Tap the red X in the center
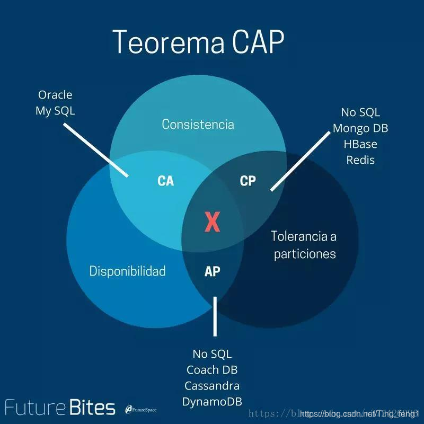click(x=212, y=222)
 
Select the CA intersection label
click(x=166, y=181)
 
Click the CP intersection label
click(x=248, y=181)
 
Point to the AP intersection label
click(x=212, y=271)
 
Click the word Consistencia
click(x=198, y=125)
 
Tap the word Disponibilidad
click(x=127, y=271)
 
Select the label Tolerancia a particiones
click(x=304, y=244)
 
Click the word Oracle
click(x=55, y=95)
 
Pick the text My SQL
click(x=55, y=111)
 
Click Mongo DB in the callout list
click(x=360, y=128)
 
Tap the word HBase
click(x=360, y=144)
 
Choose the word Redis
click(x=360, y=160)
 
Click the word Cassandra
click(x=212, y=386)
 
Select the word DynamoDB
click(x=212, y=402)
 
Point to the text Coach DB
click(x=212, y=370)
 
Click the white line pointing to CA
click(x=96, y=151)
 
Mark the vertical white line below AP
click(x=215, y=316)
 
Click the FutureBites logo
click(x=60, y=408)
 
